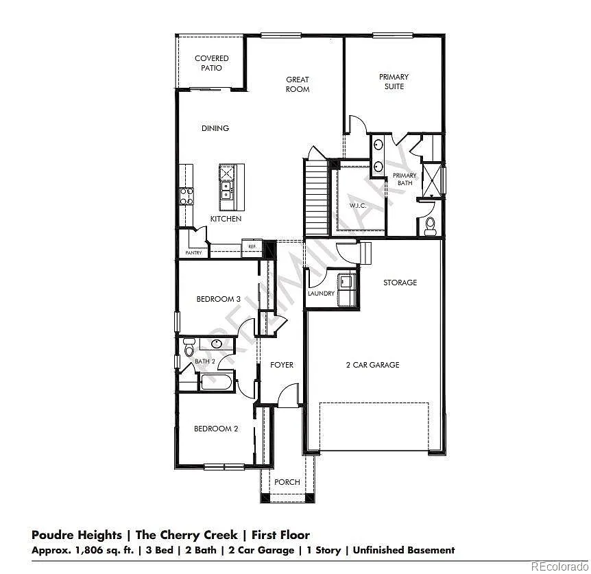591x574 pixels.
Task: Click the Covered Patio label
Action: pos(211,63)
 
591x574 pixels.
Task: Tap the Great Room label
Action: pos(298,84)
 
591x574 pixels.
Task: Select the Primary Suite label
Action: pos(394,82)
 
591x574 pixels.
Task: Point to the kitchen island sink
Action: pos(226,191)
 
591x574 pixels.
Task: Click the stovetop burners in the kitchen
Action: pos(186,196)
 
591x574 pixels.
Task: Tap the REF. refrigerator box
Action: pos(252,246)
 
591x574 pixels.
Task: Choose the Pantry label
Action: pos(194,253)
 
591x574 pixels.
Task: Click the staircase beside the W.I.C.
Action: pos(317,198)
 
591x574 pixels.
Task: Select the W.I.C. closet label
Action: pos(358,206)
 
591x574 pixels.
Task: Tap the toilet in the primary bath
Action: pos(430,226)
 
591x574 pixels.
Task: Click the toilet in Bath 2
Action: pos(189,347)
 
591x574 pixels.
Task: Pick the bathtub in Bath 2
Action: pos(216,382)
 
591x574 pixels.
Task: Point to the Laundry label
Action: pos(321,294)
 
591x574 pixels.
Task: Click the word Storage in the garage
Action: pos(400,283)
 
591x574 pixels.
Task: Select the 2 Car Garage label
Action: pos(373,364)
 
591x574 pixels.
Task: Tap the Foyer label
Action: pos(282,364)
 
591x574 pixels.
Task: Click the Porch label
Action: pos(287,482)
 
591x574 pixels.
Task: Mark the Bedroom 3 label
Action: pos(218,299)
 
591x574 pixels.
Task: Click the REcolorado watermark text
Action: pos(560,566)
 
